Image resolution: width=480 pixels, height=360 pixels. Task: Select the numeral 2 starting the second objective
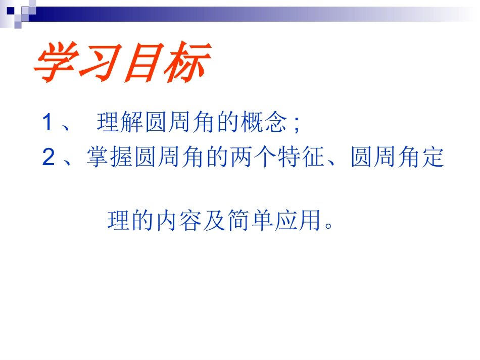point(48,159)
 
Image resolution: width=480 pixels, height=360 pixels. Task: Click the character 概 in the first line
point(252,123)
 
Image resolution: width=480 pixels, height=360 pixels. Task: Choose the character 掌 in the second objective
point(98,158)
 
